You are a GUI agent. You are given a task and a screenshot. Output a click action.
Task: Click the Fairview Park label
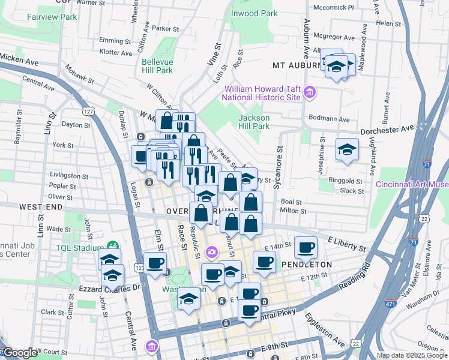(x=52, y=17)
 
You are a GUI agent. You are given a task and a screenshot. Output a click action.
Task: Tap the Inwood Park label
(x=255, y=13)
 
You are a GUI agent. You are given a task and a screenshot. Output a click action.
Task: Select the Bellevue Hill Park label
(x=157, y=66)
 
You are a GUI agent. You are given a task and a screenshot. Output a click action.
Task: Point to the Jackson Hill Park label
(x=254, y=122)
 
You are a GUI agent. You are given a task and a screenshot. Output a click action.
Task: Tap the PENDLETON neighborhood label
(x=312, y=264)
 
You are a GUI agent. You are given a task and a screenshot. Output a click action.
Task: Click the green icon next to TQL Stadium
(x=112, y=246)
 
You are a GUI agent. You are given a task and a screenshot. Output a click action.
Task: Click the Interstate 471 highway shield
(x=391, y=305)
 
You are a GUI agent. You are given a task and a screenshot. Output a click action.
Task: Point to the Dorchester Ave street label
(x=387, y=129)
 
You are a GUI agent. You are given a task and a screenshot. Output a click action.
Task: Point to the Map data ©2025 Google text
(x=412, y=355)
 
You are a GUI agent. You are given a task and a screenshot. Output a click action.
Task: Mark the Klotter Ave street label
(x=116, y=53)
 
